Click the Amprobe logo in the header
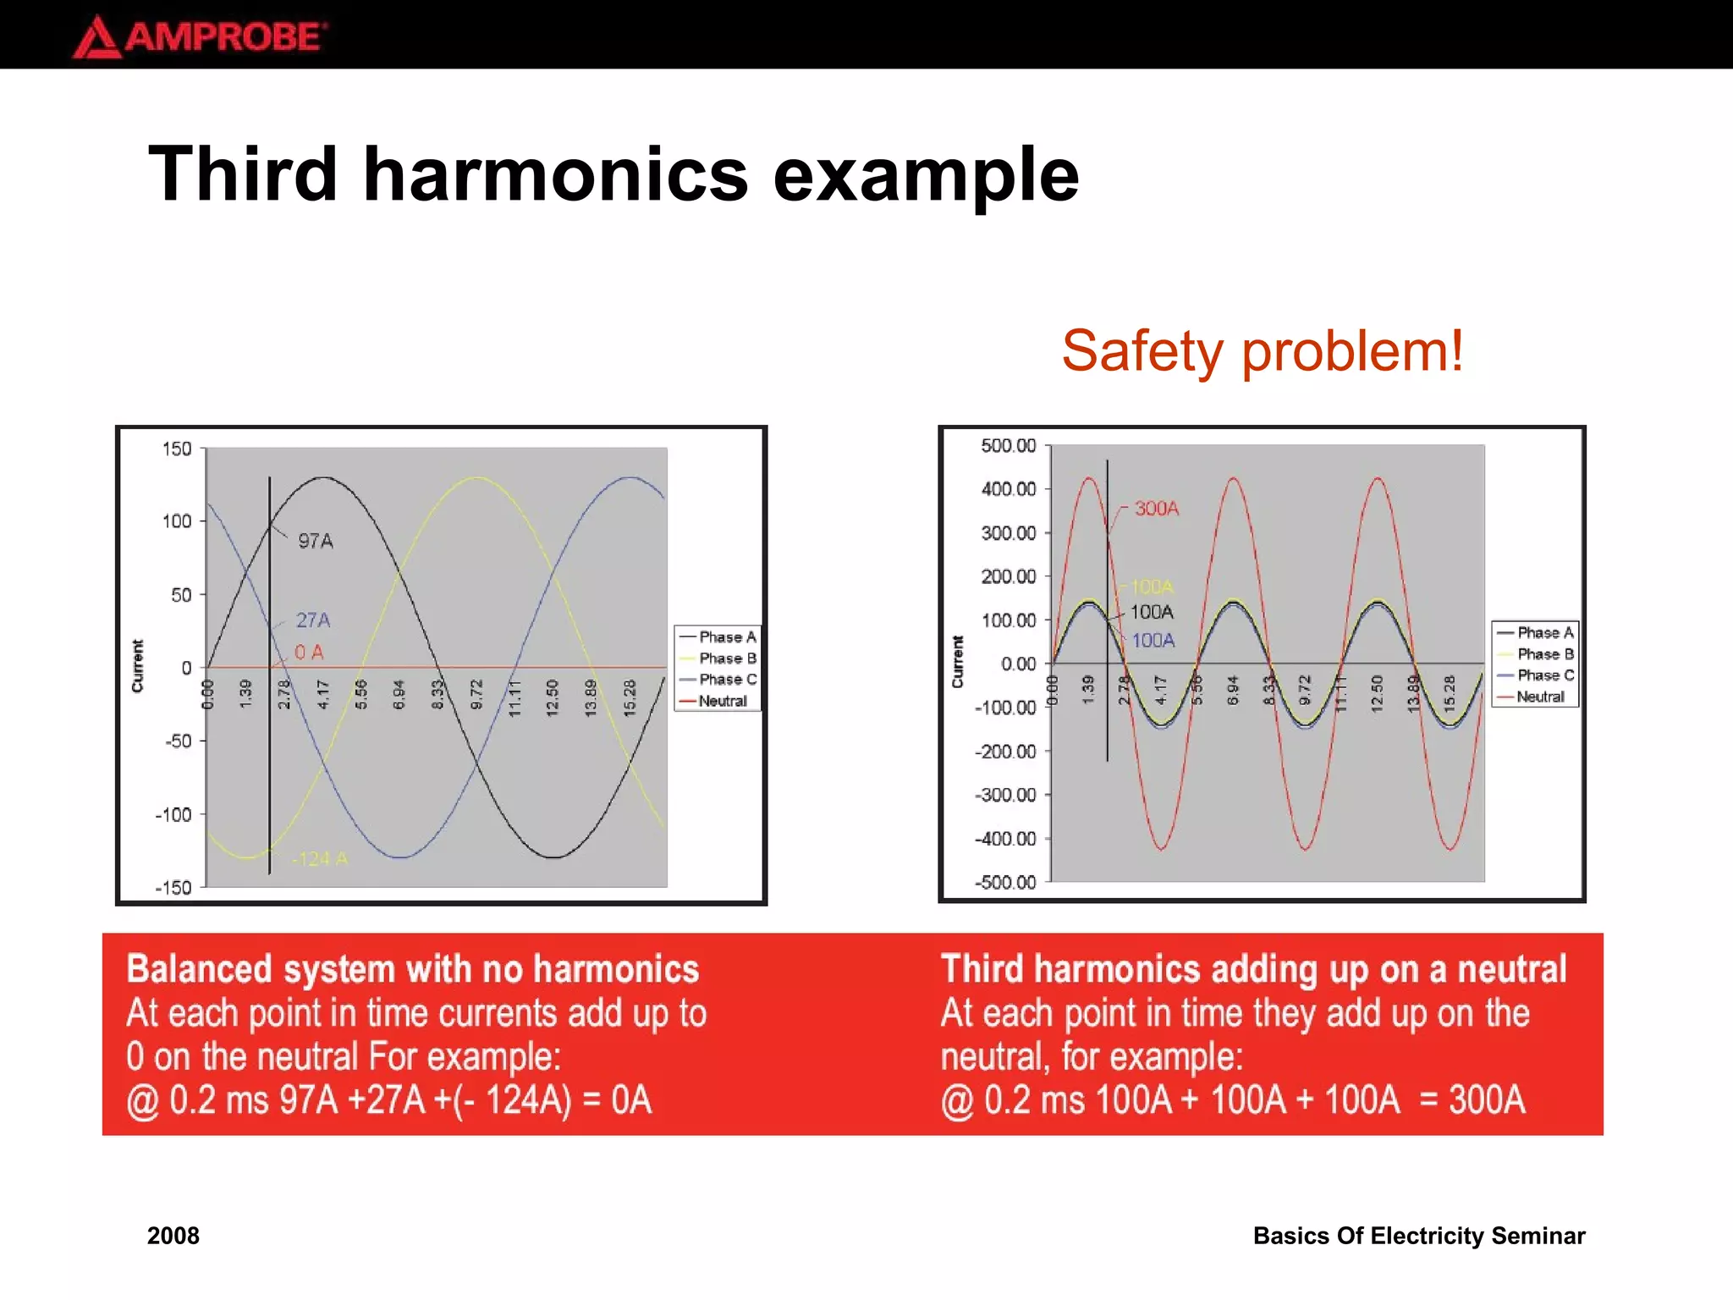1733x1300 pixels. [200, 36]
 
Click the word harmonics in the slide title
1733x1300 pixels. [555, 174]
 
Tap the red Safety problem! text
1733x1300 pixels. [1262, 350]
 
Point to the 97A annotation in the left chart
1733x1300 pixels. [315, 541]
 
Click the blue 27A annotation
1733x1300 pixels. [312, 620]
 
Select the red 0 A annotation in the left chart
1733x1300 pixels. [308, 653]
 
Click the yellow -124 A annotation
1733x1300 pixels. [320, 859]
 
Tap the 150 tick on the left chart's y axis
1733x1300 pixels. [177, 449]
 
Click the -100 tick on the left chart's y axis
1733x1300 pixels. [173, 815]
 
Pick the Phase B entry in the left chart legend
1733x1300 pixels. [726, 658]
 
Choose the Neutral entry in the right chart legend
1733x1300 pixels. [1539, 697]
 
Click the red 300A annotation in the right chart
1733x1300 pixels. [1156, 509]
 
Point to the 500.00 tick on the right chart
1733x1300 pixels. [1008, 445]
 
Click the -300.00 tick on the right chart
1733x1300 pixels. [1005, 795]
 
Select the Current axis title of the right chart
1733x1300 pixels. [958, 662]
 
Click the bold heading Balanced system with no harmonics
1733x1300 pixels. [413, 969]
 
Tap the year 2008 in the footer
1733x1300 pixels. [173, 1236]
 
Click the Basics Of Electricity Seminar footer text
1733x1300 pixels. [1418, 1236]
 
